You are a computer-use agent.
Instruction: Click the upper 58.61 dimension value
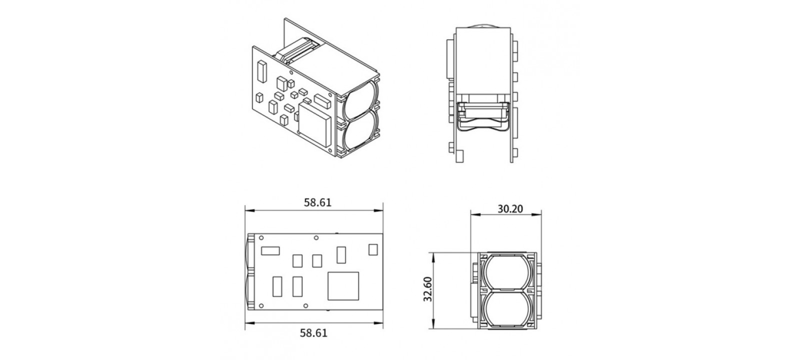click(318, 202)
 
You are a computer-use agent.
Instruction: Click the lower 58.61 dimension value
click(314, 332)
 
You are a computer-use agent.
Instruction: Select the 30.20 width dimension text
click(510, 208)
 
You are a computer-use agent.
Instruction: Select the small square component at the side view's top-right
click(373, 249)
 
